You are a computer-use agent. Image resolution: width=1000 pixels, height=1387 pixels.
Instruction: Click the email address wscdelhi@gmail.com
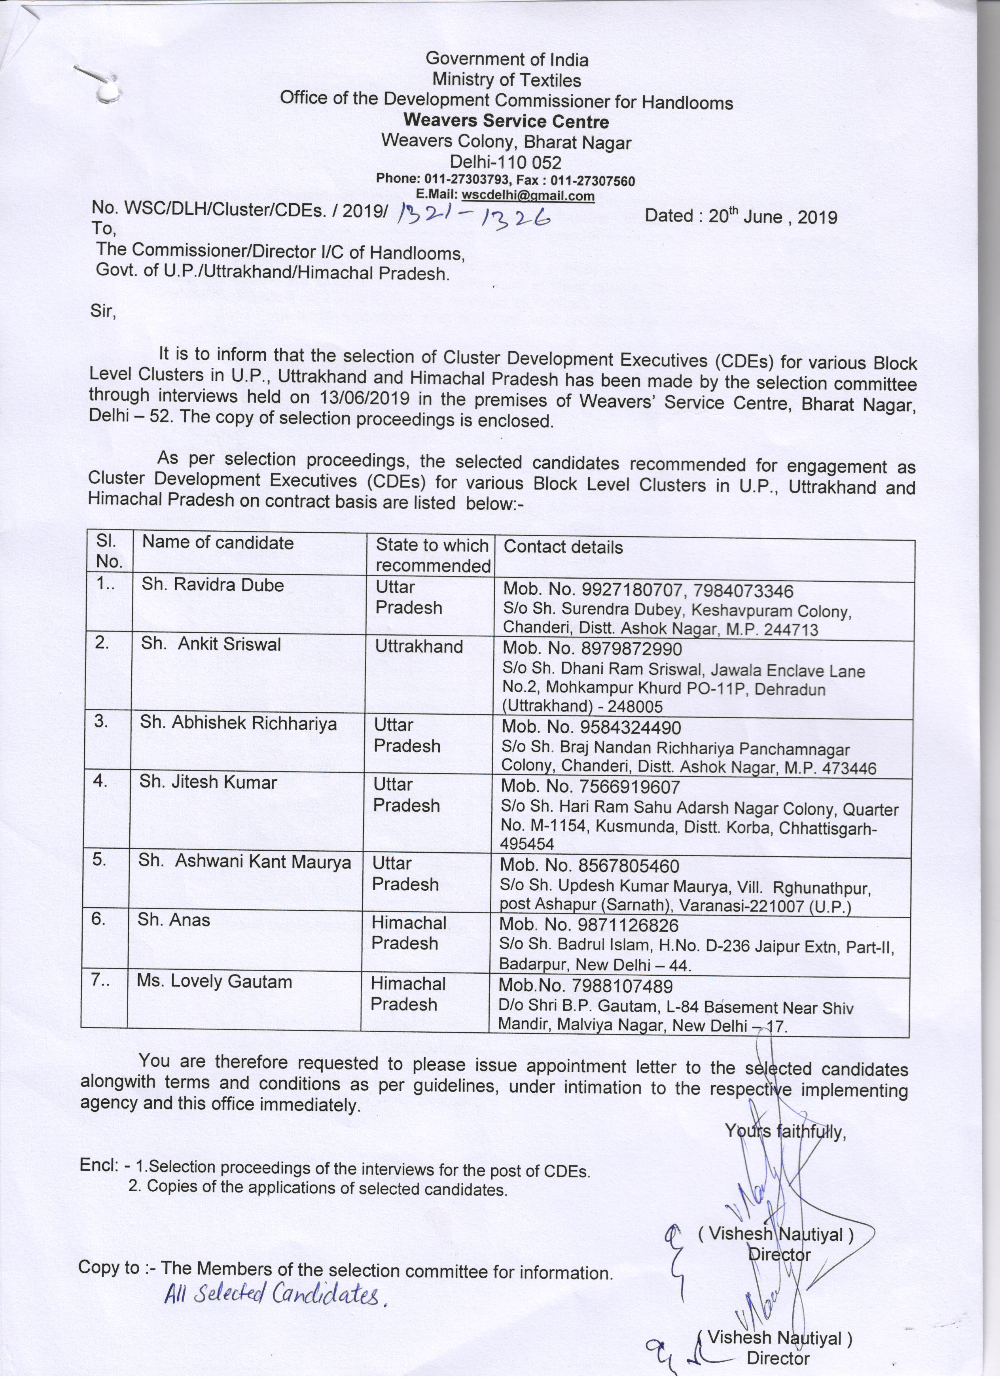point(528,196)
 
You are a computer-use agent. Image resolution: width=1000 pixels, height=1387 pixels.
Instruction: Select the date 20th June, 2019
point(773,217)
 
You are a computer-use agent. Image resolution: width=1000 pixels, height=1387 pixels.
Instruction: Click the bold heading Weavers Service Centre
point(506,121)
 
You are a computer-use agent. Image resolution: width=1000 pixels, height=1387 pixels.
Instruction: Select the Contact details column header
point(562,547)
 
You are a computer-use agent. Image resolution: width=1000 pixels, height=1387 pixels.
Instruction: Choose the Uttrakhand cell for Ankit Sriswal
point(419,646)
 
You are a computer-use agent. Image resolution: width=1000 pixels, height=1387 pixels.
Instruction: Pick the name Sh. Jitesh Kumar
point(208,782)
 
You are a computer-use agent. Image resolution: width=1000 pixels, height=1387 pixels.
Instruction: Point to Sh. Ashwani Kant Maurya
point(244,862)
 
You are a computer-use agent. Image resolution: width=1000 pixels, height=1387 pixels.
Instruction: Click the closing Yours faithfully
point(785,1132)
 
